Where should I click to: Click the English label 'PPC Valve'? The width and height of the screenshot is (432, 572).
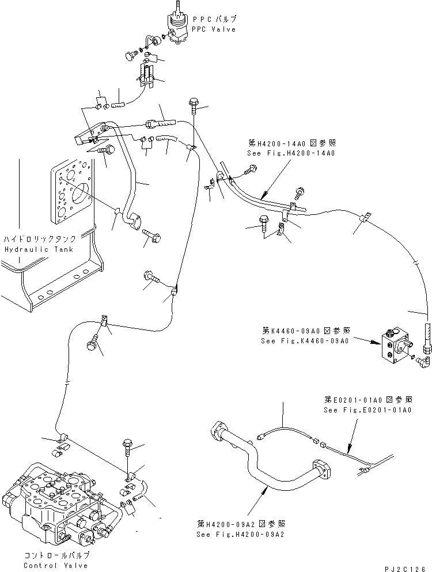[x=214, y=29]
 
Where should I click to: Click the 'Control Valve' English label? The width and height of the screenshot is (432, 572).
[x=56, y=565]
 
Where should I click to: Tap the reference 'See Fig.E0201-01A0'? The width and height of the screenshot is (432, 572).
[x=367, y=410]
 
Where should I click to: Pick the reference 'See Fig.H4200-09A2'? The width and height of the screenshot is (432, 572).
[x=240, y=533]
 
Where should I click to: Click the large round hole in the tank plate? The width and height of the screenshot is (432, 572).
[x=79, y=194]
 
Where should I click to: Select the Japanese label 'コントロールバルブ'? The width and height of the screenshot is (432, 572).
[x=56, y=555]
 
